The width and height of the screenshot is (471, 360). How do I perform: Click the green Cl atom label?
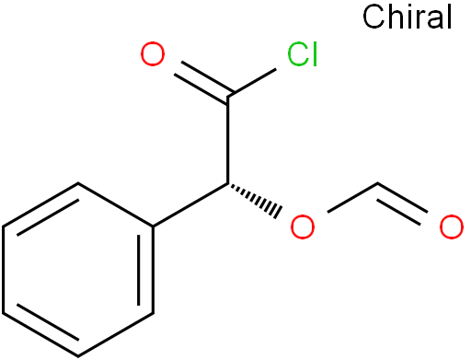coord(302,56)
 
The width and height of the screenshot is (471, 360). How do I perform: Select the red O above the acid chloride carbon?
coord(155,56)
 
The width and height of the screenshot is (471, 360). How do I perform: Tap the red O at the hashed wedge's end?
coord(302,226)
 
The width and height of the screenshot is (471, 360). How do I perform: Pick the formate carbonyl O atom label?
coord(450,226)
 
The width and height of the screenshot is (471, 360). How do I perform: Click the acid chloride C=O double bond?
coord(196,75)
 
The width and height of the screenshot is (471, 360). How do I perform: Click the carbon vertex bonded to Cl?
coord(228,95)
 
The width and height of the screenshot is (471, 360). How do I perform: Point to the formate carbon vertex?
coord(377,184)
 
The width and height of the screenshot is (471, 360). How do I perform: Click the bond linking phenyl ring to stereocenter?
coord(190,204)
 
